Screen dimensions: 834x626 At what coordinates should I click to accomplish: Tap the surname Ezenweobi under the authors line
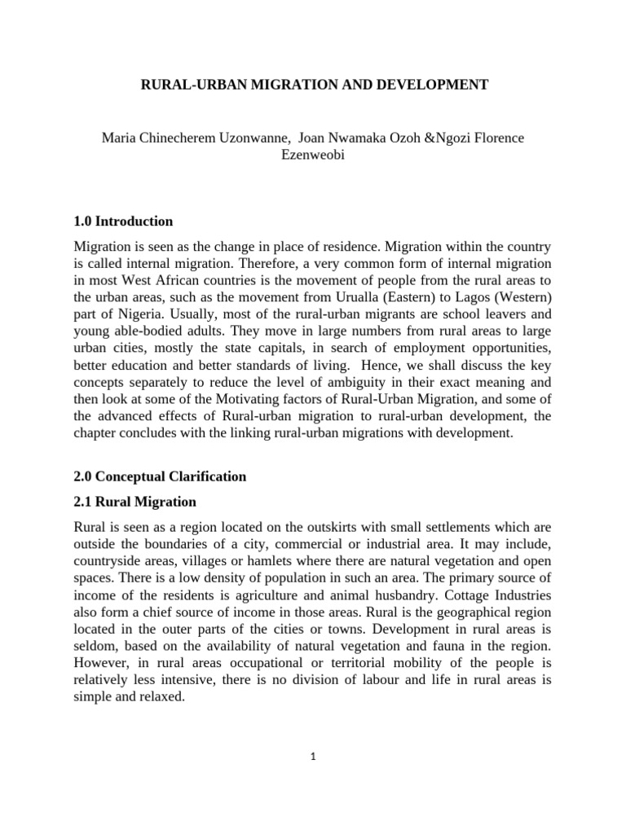(312, 155)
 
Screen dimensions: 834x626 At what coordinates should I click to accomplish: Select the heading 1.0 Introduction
(123, 222)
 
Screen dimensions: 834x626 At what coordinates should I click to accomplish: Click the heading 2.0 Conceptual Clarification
(160, 476)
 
